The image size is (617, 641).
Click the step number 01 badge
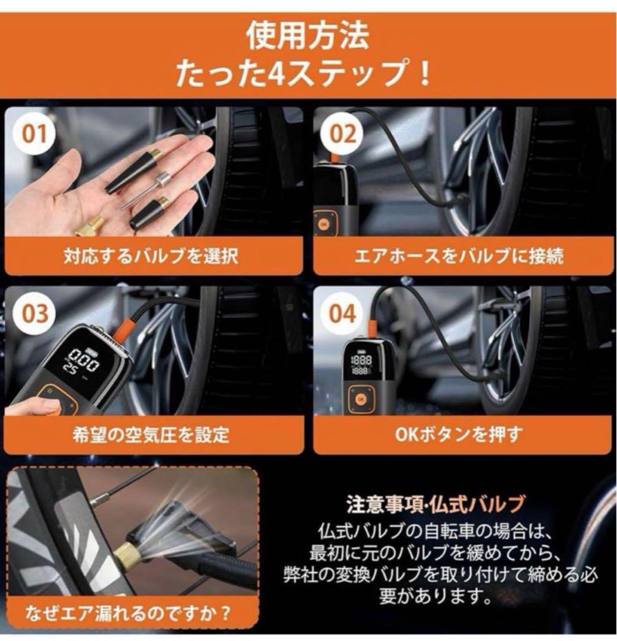point(34,134)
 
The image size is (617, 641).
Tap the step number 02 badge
point(342,134)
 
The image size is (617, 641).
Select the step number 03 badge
point(34,313)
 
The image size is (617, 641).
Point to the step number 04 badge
point(342,313)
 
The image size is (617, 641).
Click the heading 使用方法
point(308,36)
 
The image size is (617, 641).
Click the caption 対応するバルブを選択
point(151,256)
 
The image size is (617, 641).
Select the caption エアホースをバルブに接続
point(459,256)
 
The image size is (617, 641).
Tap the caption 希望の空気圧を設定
point(151,434)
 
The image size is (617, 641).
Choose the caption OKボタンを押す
point(459,434)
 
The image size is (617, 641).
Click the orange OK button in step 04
point(361,399)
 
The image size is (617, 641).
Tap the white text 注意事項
point(385,504)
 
